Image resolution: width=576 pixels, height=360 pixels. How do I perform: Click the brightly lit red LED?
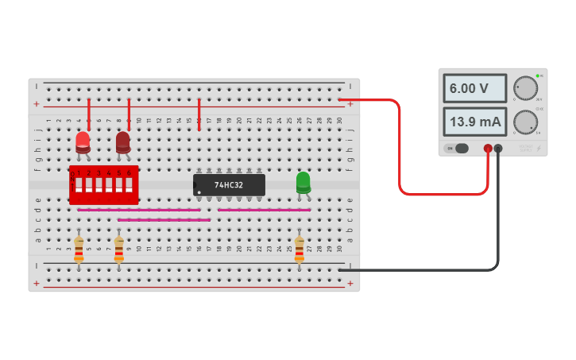[83, 141]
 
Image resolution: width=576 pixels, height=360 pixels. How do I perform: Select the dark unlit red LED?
[123, 141]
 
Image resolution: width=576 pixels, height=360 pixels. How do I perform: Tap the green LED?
[303, 182]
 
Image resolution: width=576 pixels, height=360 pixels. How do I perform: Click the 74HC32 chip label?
[229, 185]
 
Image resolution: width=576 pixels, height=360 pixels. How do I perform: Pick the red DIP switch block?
[103, 185]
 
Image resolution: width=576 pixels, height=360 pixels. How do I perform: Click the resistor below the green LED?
[300, 248]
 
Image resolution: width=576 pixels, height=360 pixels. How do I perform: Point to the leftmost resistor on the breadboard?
[79, 248]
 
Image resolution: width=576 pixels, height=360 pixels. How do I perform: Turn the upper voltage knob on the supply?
[524, 87]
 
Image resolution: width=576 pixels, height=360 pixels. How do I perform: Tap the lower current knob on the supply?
[524, 122]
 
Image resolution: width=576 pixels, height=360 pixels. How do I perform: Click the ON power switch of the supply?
[457, 148]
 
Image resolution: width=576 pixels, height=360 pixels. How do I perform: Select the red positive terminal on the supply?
[488, 148]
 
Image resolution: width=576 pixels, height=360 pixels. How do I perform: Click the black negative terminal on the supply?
[498, 148]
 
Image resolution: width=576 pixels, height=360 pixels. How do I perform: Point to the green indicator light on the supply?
[538, 76]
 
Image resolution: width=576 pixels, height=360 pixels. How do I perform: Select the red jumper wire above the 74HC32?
[199, 114]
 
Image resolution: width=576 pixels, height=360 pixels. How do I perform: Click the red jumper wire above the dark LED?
[129, 114]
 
